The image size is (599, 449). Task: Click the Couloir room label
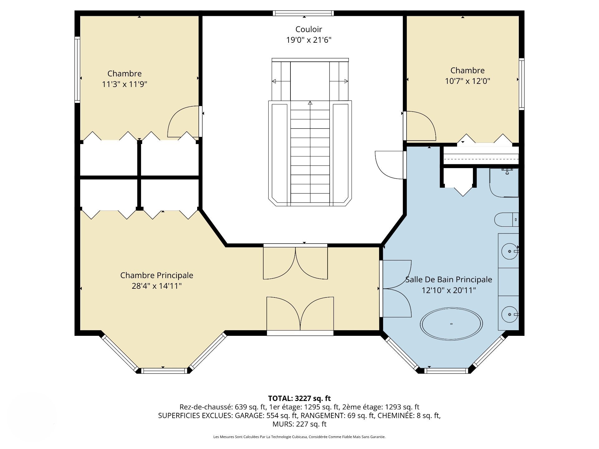[309, 29]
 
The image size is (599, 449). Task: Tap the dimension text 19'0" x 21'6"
[309, 40]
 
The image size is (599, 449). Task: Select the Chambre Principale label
[157, 275]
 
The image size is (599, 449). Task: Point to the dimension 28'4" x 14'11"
[157, 286]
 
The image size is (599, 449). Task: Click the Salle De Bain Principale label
[449, 280]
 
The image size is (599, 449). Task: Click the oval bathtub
[451, 324]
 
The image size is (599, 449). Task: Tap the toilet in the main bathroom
[506, 220]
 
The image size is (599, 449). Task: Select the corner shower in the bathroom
[504, 183]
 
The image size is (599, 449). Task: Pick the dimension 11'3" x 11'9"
[124, 84]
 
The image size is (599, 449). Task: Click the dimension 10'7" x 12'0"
[467, 81]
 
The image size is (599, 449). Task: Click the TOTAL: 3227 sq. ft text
[299, 398]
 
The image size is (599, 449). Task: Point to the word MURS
[281, 424]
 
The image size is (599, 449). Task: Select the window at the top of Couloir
[303, 13]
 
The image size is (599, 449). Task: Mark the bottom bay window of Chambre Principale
[163, 371]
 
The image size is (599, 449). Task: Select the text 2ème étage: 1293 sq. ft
[381, 407]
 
